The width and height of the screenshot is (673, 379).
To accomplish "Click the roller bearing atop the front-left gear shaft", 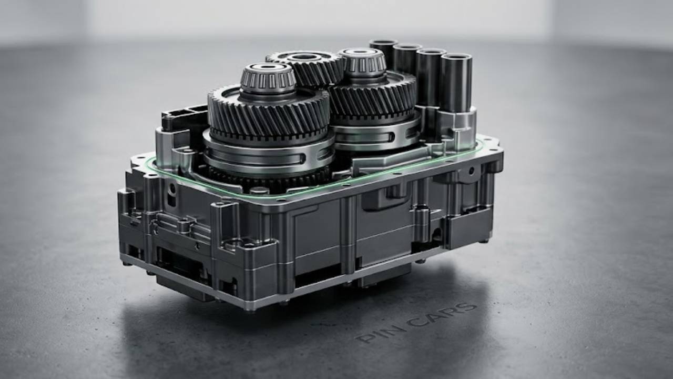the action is point(268,78).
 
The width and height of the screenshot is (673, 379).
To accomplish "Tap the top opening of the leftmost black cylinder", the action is point(384,43).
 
